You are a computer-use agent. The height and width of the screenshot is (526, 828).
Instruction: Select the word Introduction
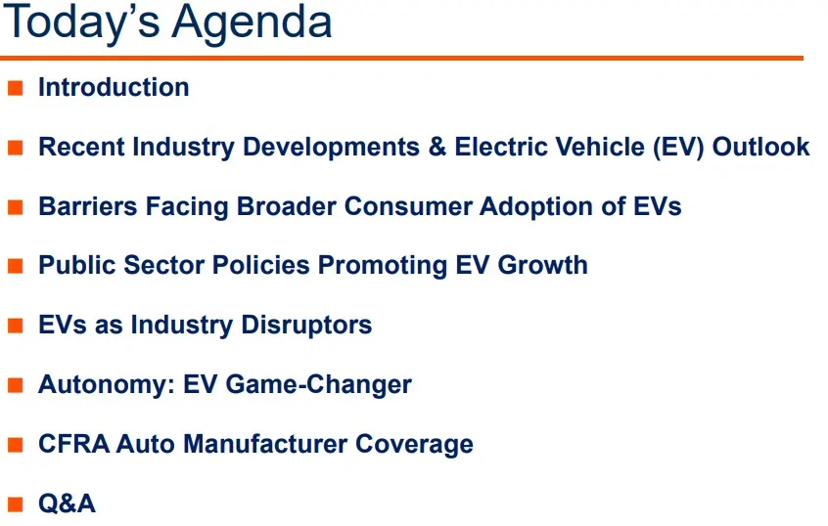click(114, 87)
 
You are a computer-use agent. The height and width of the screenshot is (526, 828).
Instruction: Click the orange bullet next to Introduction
click(16, 88)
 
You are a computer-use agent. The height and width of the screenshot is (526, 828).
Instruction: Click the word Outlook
click(760, 147)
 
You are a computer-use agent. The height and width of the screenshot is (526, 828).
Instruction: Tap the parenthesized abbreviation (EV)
click(674, 147)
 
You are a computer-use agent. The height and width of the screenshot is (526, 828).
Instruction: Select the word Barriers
click(83, 206)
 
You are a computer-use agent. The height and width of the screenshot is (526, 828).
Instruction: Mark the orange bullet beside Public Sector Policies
click(16, 266)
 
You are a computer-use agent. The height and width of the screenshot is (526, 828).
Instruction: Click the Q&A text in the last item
click(67, 504)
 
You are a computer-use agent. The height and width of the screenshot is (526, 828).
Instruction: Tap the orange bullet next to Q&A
click(16, 504)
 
